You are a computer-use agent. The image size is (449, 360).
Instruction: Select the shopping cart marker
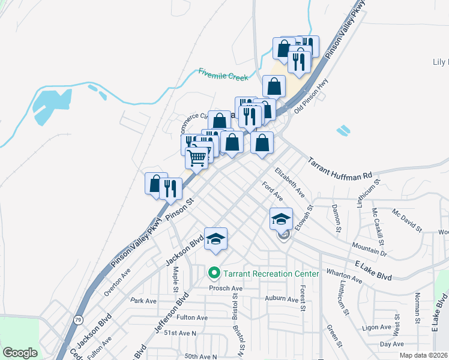(196, 158)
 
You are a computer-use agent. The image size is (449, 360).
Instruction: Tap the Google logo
(20, 353)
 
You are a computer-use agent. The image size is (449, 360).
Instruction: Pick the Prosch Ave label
(225, 288)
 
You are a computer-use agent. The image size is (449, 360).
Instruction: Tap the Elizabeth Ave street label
(290, 182)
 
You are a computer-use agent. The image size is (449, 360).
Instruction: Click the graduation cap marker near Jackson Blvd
(215, 239)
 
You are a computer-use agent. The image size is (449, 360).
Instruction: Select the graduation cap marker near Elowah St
(280, 218)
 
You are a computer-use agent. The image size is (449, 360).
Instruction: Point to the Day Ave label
(391, 344)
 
